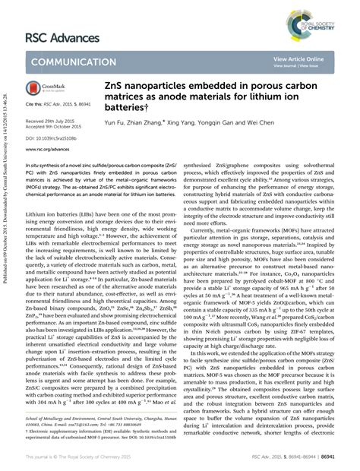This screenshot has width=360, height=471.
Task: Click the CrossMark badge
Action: pyautogui.click(x=44, y=90)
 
